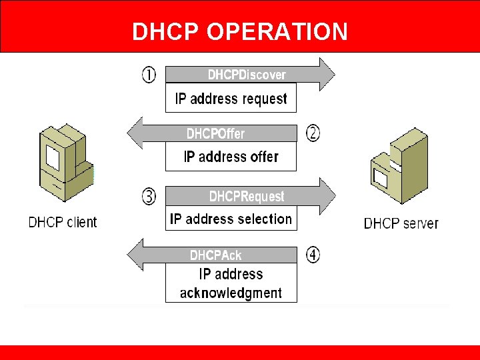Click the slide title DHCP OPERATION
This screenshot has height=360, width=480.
(x=240, y=31)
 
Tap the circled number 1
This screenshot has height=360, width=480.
(x=149, y=73)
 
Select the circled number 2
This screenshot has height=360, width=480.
(x=313, y=133)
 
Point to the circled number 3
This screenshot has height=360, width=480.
(x=149, y=196)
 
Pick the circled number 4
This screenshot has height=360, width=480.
(x=313, y=255)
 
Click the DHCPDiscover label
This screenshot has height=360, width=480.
(x=247, y=75)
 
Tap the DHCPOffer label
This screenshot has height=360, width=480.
(x=215, y=134)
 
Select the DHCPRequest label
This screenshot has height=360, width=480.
(x=247, y=197)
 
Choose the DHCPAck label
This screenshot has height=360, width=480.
(x=215, y=255)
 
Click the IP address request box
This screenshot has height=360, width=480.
(x=231, y=99)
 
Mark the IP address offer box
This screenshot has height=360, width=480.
(x=231, y=157)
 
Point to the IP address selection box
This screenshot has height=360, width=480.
(x=231, y=219)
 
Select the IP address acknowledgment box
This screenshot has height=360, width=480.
(x=231, y=283)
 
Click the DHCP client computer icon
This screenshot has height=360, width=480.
(x=64, y=163)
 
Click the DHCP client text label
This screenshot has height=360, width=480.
(x=63, y=222)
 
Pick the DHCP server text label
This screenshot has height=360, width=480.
(x=401, y=223)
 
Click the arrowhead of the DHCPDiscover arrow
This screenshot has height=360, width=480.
(x=326, y=74)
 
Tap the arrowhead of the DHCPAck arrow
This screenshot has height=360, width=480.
(x=135, y=255)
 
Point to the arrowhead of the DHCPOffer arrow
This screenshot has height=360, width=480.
(x=135, y=133)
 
